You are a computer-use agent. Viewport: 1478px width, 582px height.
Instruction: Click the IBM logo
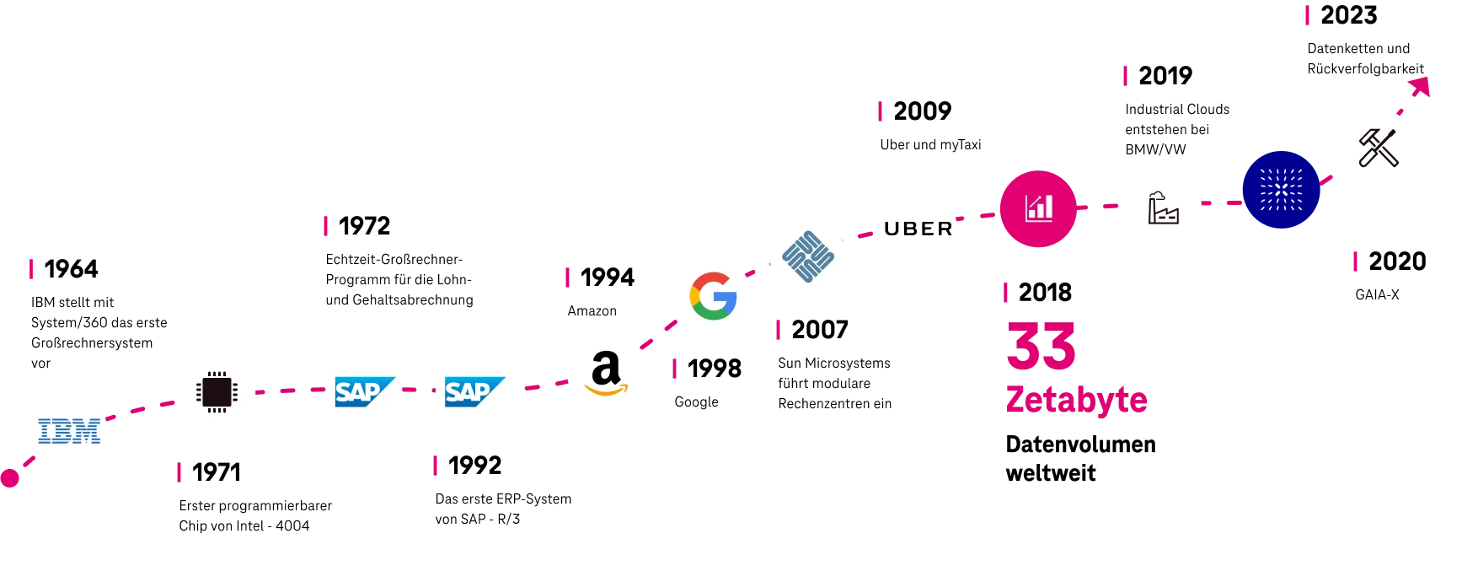point(68,431)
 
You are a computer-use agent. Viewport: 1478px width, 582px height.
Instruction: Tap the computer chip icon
point(216,391)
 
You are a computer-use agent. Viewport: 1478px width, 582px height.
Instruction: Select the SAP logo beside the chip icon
point(364,391)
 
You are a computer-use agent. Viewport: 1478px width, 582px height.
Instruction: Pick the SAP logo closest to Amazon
point(472,391)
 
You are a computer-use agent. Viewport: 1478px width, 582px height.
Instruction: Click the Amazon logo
point(606,373)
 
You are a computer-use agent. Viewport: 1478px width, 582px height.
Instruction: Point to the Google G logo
point(714,296)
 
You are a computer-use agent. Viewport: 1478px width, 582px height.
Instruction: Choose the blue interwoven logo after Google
point(808,256)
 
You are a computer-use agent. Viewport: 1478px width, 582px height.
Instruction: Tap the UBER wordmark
point(918,229)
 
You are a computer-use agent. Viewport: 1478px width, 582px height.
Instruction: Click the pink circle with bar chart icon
point(1038,207)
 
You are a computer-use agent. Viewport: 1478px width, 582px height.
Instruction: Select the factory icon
point(1165,208)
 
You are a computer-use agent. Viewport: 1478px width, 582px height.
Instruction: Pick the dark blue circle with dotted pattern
point(1281,190)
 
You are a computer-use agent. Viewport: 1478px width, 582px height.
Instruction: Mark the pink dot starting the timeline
point(9,479)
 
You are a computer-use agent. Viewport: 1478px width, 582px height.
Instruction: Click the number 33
point(1042,346)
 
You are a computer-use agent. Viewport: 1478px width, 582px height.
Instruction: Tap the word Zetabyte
point(1076,400)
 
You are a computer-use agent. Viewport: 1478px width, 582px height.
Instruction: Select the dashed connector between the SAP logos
point(418,391)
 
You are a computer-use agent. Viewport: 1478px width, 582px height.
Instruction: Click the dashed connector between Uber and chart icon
point(977,218)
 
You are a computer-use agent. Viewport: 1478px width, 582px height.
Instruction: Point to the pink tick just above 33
point(1004,291)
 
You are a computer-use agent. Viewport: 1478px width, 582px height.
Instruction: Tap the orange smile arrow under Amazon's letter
point(607,389)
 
